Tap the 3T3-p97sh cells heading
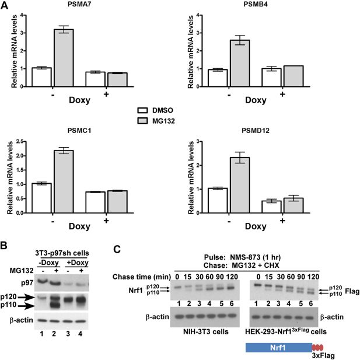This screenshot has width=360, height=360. [65, 234]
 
